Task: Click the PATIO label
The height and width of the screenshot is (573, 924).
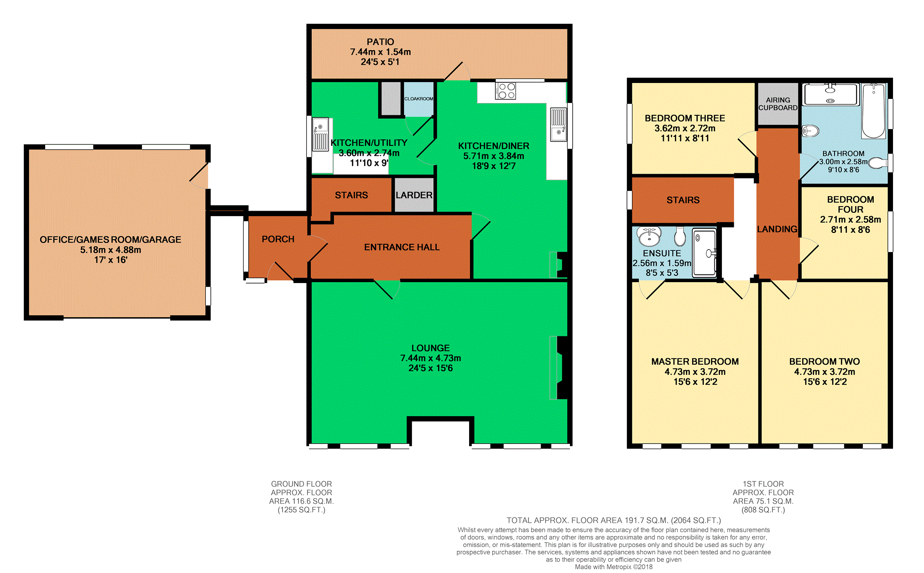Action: pyautogui.click(x=380, y=42)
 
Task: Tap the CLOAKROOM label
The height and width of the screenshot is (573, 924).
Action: pyautogui.click(x=418, y=98)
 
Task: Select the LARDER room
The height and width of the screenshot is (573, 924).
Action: pyautogui.click(x=414, y=195)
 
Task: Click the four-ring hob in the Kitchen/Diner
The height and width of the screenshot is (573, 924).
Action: pyautogui.click(x=506, y=91)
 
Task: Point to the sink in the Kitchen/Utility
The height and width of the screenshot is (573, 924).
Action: pyautogui.click(x=320, y=134)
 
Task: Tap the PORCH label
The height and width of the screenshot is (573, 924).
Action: pyautogui.click(x=278, y=239)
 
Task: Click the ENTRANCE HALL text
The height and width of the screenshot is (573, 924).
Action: pyautogui.click(x=402, y=247)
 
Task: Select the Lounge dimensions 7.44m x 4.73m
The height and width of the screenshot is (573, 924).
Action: pyautogui.click(x=430, y=358)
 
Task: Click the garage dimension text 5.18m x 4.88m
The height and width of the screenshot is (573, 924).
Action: pyautogui.click(x=110, y=250)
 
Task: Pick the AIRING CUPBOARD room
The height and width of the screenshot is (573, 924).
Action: pyautogui.click(x=778, y=104)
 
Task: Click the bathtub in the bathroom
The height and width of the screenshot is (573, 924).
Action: pyautogui.click(x=873, y=111)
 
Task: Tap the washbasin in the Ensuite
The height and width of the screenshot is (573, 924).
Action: pyautogui.click(x=649, y=236)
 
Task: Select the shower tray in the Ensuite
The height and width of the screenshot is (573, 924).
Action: pyautogui.click(x=705, y=253)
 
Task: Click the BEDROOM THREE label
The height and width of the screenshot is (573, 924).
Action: pyautogui.click(x=684, y=118)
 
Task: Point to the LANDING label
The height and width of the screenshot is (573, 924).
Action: pyautogui.click(x=777, y=229)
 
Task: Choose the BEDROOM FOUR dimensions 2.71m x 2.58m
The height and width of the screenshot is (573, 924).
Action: pyautogui.click(x=850, y=219)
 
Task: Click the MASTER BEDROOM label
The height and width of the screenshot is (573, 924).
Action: pyautogui.click(x=694, y=361)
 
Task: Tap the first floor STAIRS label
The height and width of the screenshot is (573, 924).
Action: pyautogui.click(x=683, y=200)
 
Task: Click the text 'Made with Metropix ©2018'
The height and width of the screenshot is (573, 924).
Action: pyautogui.click(x=613, y=567)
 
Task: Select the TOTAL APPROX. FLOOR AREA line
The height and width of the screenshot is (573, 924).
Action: pyautogui.click(x=613, y=520)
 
